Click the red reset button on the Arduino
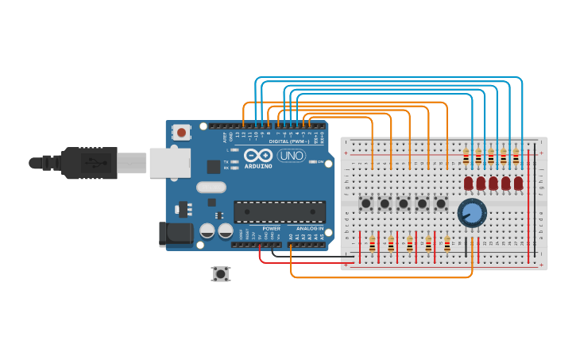coord(182,132)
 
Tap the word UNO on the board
coord(292,156)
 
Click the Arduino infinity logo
coord(259,155)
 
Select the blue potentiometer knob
coord(472,212)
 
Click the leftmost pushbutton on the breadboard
coord(366,203)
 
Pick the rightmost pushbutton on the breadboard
coord(441,203)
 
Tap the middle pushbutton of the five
coord(404,203)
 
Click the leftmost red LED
coord(468,184)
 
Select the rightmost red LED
coord(519,184)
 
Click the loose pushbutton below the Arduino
coord(221,273)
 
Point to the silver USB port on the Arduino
coord(170,162)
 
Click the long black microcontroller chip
coord(279,211)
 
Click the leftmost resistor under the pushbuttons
coord(372,242)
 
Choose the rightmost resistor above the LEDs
coord(516,157)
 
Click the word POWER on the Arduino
coord(271,228)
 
